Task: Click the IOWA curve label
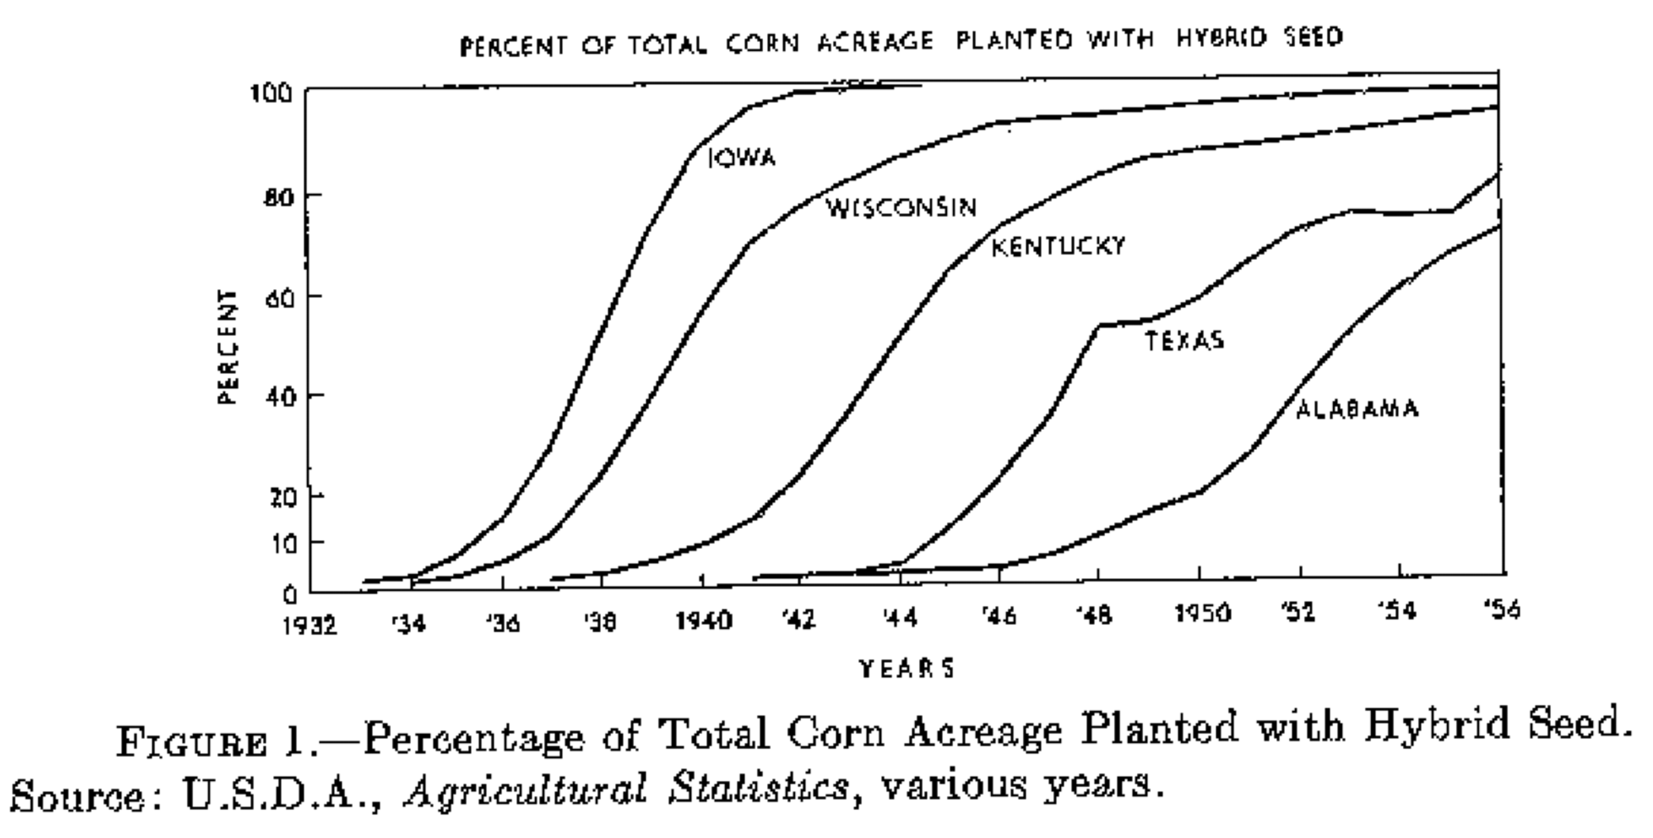tap(742, 158)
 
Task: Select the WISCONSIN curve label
tap(901, 208)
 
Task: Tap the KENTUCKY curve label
tap(1057, 246)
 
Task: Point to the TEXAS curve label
tap(1185, 341)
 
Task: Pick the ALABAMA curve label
tap(1357, 409)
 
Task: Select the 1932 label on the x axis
tap(309, 625)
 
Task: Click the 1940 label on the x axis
tap(704, 621)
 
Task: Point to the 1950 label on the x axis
tap(1202, 613)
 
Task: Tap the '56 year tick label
tap(1501, 610)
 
